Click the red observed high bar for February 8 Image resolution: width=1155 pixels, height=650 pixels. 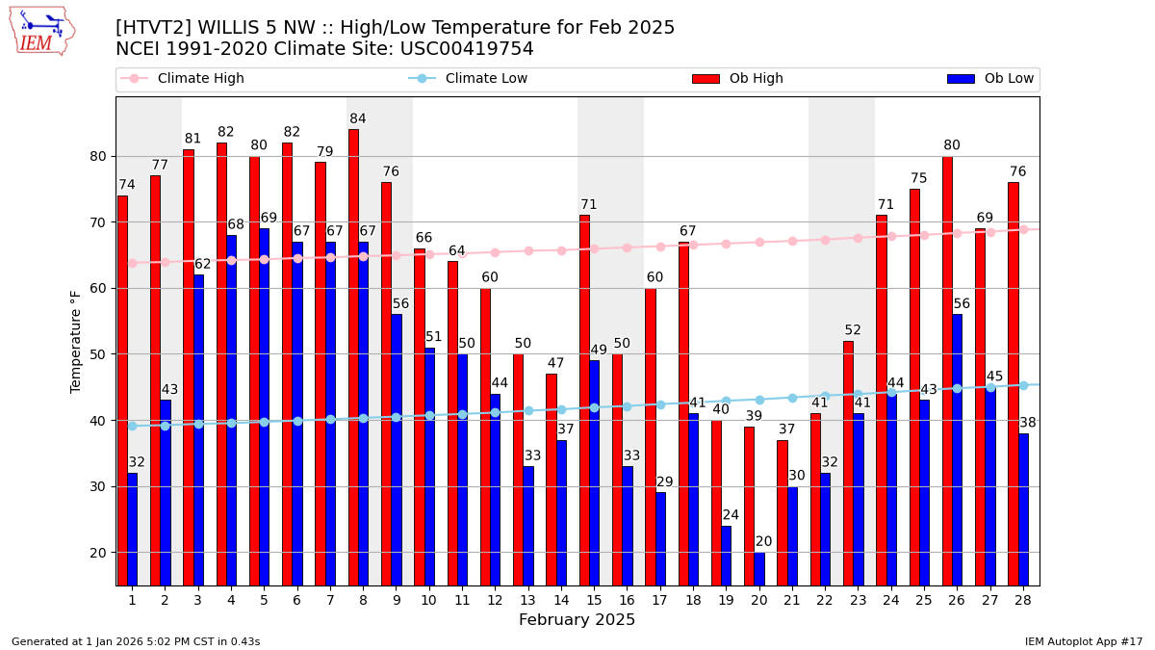pos(353,356)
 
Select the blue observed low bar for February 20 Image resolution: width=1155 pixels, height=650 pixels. pos(759,568)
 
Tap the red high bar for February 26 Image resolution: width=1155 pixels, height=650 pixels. pos(947,371)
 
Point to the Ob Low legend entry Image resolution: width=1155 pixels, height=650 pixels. pos(1006,79)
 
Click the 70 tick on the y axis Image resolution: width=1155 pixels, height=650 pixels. pos(103,222)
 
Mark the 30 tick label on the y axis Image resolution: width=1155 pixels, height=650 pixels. pos(103,486)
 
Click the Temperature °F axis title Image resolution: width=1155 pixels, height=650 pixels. pos(77,342)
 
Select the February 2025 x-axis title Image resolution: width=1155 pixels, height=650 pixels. pos(577,620)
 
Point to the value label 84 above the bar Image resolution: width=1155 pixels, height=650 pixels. pos(358,119)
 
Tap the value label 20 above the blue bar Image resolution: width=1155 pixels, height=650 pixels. pos(764,541)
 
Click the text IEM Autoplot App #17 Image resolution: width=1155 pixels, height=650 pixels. pos(1083,641)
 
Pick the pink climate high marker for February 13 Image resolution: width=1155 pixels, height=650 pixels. pos(528,250)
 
